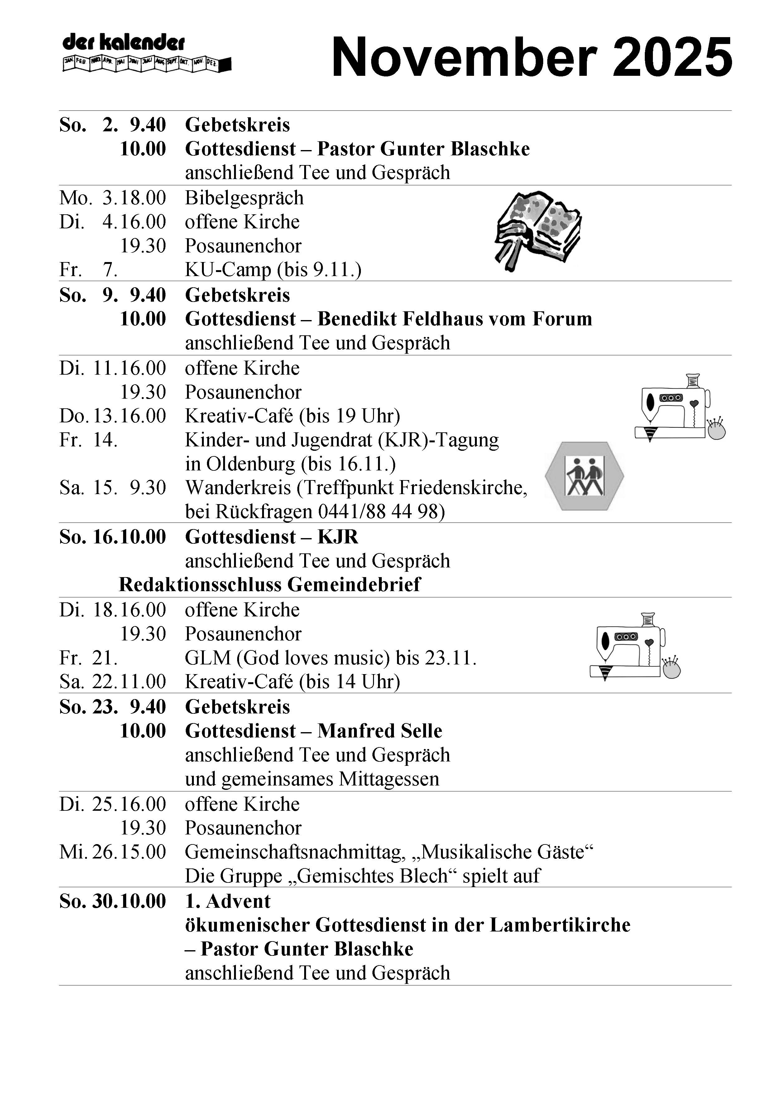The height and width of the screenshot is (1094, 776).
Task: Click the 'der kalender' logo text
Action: point(123,43)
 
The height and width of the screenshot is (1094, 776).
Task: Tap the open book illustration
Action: point(538,230)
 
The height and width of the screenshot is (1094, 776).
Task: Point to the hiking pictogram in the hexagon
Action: point(584,476)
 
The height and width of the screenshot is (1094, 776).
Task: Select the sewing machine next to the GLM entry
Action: point(634,646)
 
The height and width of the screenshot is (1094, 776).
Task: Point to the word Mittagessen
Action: point(389,779)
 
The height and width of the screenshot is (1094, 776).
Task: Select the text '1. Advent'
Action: point(228,901)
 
